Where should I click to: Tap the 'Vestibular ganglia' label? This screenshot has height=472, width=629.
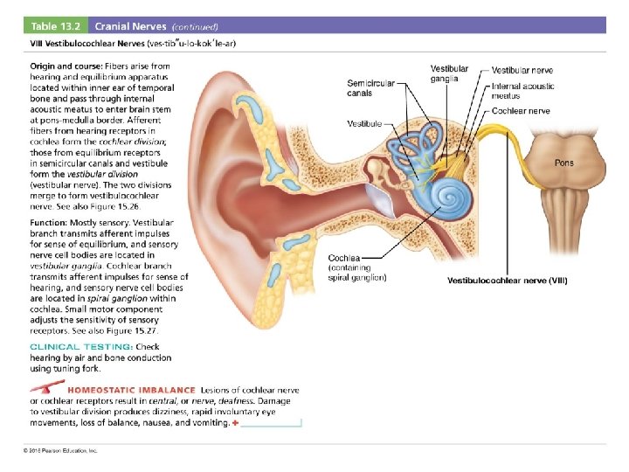point(449,73)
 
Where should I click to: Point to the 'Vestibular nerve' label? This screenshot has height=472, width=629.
point(522,70)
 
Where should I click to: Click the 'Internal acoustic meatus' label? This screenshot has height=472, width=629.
point(522,91)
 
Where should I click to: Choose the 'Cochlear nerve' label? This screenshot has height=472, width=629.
point(521,111)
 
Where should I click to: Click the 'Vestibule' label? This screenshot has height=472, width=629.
point(364,123)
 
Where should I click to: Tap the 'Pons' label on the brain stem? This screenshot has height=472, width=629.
point(565,163)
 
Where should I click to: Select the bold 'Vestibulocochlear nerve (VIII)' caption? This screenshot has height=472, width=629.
point(507,281)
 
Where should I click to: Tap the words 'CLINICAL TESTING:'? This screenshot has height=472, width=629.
point(81,347)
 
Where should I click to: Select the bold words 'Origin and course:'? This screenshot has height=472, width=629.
point(66,66)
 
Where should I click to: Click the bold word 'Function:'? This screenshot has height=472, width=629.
point(52,224)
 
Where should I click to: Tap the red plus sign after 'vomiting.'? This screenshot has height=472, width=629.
point(236,422)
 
